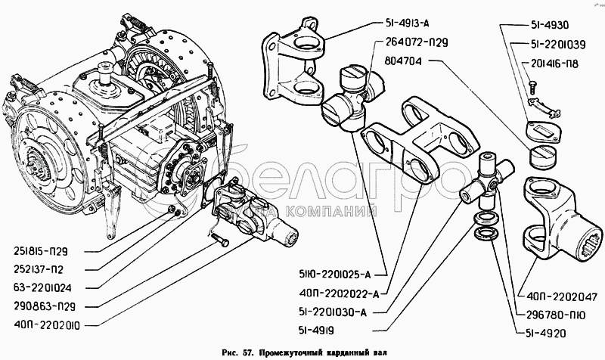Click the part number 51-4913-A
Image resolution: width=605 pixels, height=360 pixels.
tap(407, 23)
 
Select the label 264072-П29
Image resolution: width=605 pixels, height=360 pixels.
tap(416, 42)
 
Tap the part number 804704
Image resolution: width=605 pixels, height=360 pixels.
tap(403, 61)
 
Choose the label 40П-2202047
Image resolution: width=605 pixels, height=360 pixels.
tap(562, 296)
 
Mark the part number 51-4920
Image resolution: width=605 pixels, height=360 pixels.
tap(546, 333)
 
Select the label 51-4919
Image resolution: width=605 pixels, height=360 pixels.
tap(316, 331)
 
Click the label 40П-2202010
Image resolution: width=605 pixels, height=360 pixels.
tap(47, 326)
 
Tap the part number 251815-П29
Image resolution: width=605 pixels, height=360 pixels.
tap(41, 252)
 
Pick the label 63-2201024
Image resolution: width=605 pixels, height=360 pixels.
tap(43, 288)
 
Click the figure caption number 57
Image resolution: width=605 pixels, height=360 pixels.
tap(248, 353)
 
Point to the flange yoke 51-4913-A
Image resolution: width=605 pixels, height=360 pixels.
tap(293, 62)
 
